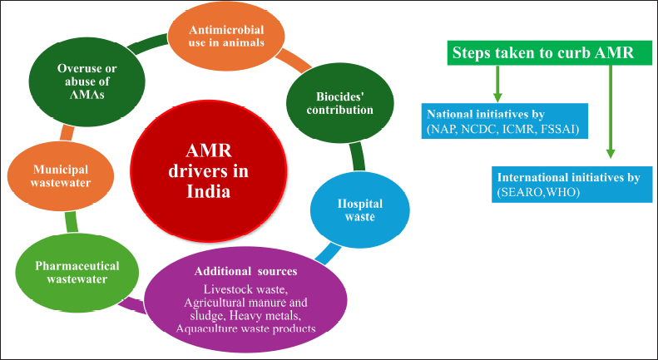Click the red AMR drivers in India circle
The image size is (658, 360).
209,171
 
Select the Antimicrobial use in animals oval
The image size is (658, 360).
226,37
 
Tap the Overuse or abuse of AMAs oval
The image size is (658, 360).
87,81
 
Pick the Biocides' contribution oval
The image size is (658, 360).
340,103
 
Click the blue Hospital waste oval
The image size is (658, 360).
360,210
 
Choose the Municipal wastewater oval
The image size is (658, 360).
62,175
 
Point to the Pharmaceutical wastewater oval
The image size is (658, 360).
77,273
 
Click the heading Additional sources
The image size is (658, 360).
245,271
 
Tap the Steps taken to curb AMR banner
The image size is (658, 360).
550,53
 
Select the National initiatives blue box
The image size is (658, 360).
504,121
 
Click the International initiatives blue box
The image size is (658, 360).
572,185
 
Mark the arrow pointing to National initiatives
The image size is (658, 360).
497,83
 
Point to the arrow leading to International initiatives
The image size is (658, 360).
610,111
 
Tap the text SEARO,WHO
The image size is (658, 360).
538,193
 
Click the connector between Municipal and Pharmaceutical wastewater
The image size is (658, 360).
72,221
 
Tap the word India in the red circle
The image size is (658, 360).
209,191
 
